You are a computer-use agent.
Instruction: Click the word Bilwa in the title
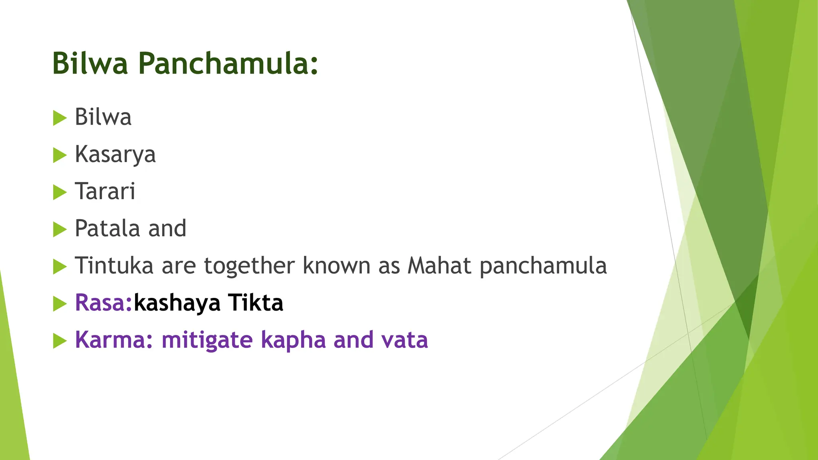coord(90,63)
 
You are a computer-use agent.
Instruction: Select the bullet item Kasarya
coord(115,155)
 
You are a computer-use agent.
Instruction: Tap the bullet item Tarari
coord(105,191)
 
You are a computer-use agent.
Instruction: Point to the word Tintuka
coord(114,266)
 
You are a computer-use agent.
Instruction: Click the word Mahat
coord(439,266)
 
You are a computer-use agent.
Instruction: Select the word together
coord(249,266)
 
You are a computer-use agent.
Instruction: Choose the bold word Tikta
coord(256,303)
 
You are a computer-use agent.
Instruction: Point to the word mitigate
coord(207,341)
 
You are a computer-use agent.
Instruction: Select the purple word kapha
coord(293,341)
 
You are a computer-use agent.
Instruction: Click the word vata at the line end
coord(404,340)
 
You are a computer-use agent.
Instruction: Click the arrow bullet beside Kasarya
coord(60,155)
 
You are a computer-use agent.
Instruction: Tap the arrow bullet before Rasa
coord(60,304)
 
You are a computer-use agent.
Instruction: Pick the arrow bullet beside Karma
coord(60,341)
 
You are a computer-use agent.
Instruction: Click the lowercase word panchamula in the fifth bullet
coord(543,266)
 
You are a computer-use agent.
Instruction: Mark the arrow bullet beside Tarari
coord(60,192)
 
